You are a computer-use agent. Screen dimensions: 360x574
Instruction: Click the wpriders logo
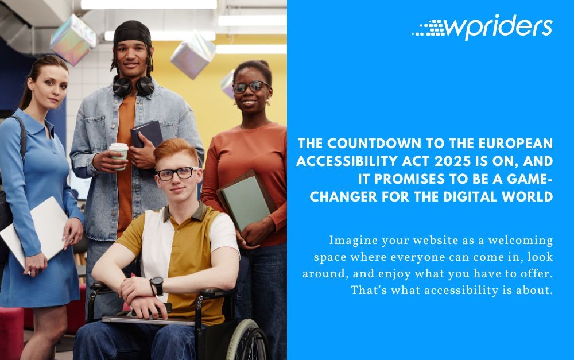[x=482, y=27]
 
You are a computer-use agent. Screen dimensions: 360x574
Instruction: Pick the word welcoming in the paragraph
[x=520, y=240]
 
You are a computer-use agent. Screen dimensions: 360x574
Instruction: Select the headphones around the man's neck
[x=133, y=85]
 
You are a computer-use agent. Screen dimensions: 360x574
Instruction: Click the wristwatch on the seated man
[x=156, y=285]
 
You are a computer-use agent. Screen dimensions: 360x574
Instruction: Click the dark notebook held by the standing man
[x=145, y=133]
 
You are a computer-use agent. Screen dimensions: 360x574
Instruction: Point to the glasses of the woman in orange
[x=250, y=87]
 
